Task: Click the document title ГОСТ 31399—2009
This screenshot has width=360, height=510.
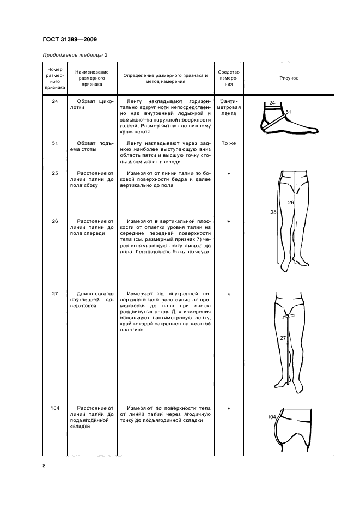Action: coord(70,39)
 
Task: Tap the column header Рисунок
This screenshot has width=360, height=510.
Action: coord(289,78)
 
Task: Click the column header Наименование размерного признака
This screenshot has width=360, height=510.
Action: coord(91,78)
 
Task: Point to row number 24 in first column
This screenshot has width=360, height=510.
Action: coord(54,101)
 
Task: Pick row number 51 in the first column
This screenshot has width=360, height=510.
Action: coord(54,143)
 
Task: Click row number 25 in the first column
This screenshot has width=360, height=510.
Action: coord(54,174)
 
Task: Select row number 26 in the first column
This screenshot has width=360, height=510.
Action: coord(54,221)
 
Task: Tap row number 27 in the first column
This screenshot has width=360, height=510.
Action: coord(54,294)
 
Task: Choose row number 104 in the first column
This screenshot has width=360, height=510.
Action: coord(54,408)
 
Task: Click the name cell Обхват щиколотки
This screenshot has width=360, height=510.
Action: coord(91,105)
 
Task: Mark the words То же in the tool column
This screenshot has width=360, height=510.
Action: coord(229,143)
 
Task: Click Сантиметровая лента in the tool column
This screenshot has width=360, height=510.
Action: coord(229,108)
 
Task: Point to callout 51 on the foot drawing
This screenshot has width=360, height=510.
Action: coord(289,112)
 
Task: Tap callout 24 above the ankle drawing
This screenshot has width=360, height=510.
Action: coord(272,102)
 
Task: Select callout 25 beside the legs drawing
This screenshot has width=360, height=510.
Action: coord(273,212)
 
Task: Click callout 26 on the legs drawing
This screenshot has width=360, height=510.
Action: coord(291,202)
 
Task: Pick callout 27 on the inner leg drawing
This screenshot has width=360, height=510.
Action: coord(283,338)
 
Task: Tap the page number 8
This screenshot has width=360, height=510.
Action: coord(44,465)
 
